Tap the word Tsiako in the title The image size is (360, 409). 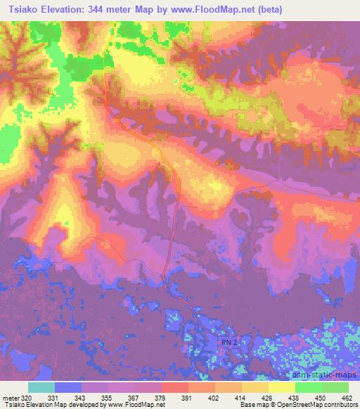[x=20, y=10]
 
